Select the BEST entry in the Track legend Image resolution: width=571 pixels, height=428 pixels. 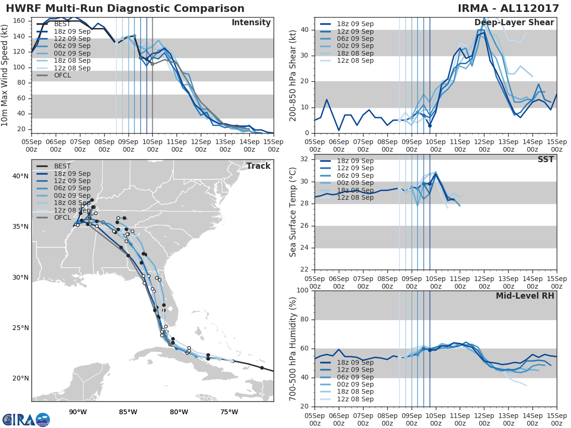[63, 166]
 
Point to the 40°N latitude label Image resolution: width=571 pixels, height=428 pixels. [20, 176]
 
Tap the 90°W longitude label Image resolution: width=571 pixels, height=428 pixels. [78, 412]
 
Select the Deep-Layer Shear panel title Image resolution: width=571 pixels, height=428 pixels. [514, 23]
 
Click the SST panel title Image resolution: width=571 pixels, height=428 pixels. [545, 159]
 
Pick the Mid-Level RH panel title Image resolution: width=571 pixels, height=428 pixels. [525, 296]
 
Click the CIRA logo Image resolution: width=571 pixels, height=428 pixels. [26, 419]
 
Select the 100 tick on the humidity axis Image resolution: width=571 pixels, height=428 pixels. [303, 291]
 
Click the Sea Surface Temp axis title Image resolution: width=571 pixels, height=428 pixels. [293, 212]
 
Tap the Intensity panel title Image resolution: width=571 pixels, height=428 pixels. [251, 23]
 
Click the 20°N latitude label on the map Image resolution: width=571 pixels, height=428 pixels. [20, 379]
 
